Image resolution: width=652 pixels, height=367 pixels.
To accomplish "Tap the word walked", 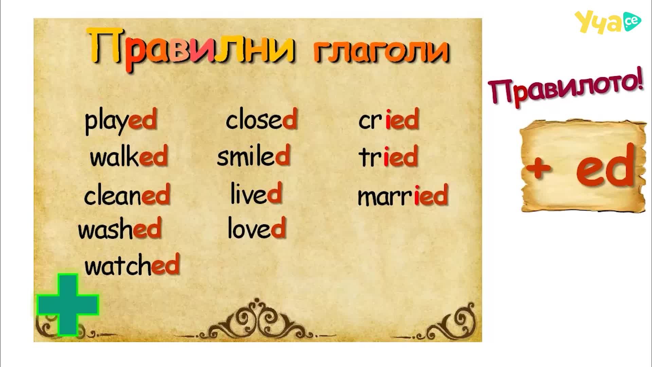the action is pyautogui.click(x=129, y=156).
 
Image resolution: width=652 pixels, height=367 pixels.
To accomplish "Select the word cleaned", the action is pyautogui.click(x=127, y=195).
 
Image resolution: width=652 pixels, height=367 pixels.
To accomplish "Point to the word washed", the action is pyautogui.click(x=120, y=228).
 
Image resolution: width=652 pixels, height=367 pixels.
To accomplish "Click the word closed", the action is pyautogui.click(x=261, y=119).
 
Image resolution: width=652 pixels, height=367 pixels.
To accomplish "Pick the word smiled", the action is pyautogui.click(x=254, y=155).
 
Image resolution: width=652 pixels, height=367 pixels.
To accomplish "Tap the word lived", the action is pyautogui.click(x=256, y=193).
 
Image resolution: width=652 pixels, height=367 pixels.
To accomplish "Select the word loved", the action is pyautogui.click(x=256, y=227).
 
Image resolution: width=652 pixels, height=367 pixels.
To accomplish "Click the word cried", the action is pyautogui.click(x=389, y=119).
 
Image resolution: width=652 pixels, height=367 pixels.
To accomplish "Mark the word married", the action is pyautogui.click(x=403, y=195).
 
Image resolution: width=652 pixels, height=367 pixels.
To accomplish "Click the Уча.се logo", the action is pyautogui.click(x=608, y=22).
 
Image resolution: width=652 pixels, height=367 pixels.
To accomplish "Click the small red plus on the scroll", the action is pyautogui.click(x=539, y=168).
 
